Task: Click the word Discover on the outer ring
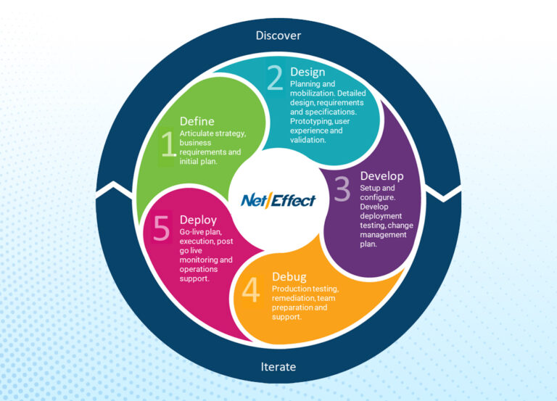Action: (278, 35)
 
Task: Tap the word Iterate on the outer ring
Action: (278, 366)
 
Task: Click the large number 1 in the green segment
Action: (168, 144)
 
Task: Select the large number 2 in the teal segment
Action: (275, 78)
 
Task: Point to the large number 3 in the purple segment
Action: (342, 191)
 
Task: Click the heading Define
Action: (197, 121)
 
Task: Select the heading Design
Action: (308, 72)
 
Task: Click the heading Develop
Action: (381, 176)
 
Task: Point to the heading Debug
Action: (289, 276)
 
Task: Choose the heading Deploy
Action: (198, 220)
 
